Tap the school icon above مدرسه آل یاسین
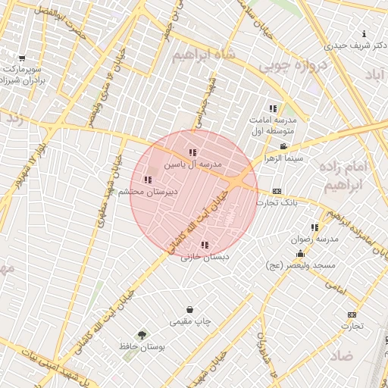[x=192, y=153]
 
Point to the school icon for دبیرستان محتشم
[x=148, y=180]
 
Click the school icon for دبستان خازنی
[x=204, y=245]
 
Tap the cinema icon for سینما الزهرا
[x=283, y=147]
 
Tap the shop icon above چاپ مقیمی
[x=189, y=310]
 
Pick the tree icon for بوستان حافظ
[x=142, y=334]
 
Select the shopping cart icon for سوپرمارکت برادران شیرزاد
[x=22, y=58]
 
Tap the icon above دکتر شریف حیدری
[x=365, y=33]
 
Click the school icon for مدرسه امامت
[x=273, y=108]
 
